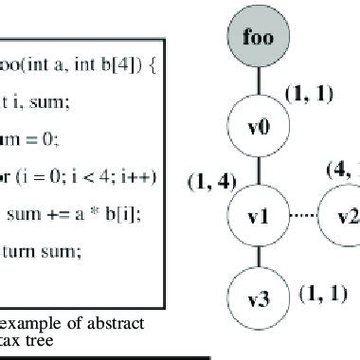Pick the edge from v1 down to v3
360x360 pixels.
pyautogui.click(x=258, y=259)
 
